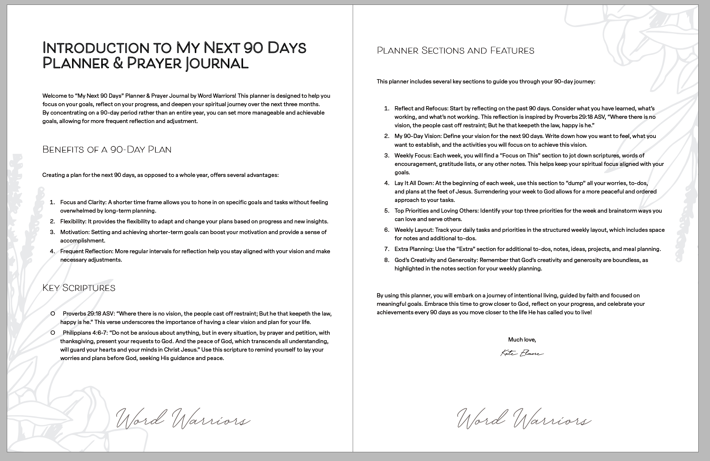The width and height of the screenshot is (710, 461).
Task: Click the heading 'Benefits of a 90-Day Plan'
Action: pos(107,149)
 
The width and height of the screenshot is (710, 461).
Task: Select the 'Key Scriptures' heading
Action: pos(79,288)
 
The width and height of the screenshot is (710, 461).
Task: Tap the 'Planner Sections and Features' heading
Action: pos(455,50)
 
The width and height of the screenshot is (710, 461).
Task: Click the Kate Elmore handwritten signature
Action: pos(522,353)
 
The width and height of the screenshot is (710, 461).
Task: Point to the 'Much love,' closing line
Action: pos(522,340)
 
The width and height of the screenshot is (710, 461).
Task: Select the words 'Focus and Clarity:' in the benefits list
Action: pos(83,202)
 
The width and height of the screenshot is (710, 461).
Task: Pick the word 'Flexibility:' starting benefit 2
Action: pos(73,221)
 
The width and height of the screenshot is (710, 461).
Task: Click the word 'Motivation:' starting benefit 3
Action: pos(75,232)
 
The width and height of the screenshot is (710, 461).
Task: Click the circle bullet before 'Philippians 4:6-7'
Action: pos(53,333)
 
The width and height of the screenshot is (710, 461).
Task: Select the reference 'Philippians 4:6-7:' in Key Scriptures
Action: pos(85,333)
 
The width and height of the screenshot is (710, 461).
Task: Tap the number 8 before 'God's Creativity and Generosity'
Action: pos(386,260)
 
